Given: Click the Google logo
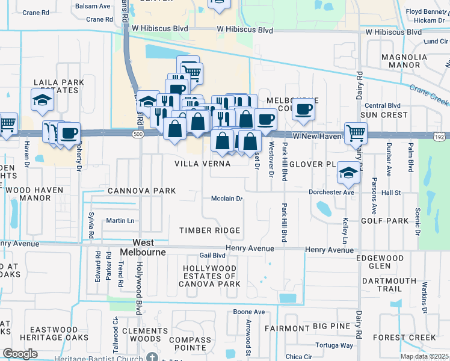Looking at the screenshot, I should pyautogui.click(x=20, y=354).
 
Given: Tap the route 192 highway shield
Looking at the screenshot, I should pyautogui.click(x=442, y=137).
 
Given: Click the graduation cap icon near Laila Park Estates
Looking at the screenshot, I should pyautogui.click(x=43, y=100).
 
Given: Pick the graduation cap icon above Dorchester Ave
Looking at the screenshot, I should pyautogui.click(x=348, y=173).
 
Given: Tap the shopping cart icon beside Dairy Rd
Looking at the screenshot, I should pyautogui.click(x=356, y=132).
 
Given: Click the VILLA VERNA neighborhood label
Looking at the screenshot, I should pyautogui.click(x=202, y=164).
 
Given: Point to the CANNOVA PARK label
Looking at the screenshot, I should pyautogui.click(x=141, y=191).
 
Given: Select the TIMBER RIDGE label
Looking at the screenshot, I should pyautogui.click(x=210, y=230).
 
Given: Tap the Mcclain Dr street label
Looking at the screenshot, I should pyautogui.click(x=227, y=199).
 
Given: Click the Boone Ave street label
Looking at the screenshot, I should pyautogui.click(x=249, y=312).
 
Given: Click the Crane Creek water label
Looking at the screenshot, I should pyautogui.click(x=430, y=94).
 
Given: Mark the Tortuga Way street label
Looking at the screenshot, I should pyautogui.click(x=333, y=345).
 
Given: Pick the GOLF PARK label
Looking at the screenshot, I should pyautogui.click(x=384, y=221).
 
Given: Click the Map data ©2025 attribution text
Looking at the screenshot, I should pyautogui.click(x=424, y=356).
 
